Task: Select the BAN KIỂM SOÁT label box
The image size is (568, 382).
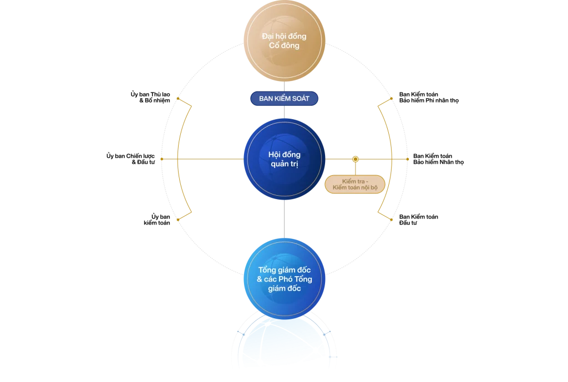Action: (x=284, y=99)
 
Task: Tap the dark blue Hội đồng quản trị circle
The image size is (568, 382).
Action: (x=284, y=159)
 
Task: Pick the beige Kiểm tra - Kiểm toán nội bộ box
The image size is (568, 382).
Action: (x=355, y=185)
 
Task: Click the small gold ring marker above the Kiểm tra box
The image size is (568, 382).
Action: (x=355, y=159)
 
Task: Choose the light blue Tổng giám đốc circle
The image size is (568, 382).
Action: (x=284, y=279)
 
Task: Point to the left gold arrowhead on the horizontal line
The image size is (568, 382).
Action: (x=162, y=159)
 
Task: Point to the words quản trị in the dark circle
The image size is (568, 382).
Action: (x=284, y=164)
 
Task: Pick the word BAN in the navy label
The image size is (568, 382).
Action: (x=267, y=99)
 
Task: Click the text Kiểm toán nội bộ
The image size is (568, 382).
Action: (x=355, y=189)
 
